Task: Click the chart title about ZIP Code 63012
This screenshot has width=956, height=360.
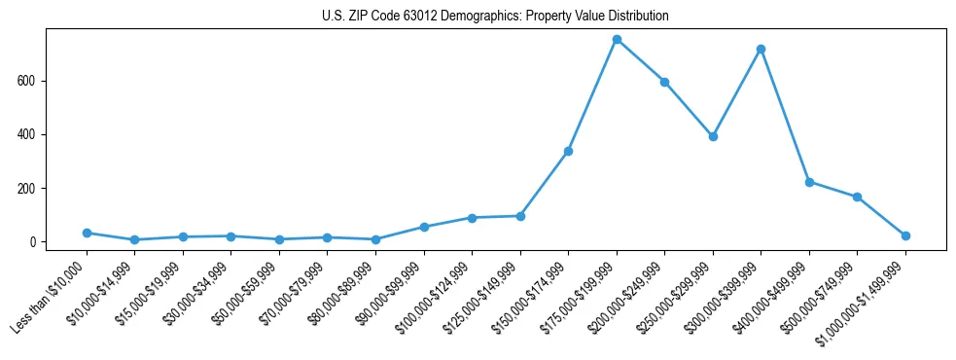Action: (x=495, y=17)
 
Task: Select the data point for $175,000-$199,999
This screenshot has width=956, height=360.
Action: (x=617, y=39)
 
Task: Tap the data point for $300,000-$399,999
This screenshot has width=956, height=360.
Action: (x=761, y=49)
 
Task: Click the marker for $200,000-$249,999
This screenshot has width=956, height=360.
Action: (x=664, y=82)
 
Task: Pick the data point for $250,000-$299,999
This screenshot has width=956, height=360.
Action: (x=713, y=136)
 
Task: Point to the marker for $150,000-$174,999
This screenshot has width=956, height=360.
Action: (x=568, y=151)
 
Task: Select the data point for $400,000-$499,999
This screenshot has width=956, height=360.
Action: (x=809, y=182)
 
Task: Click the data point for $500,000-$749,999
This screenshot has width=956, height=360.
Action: (x=857, y=197)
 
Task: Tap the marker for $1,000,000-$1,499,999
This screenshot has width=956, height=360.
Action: (x=905, y=235)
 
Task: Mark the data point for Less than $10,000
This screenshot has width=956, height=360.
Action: (x=87, y=233)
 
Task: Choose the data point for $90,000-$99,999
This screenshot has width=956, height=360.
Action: (x=424, y=227)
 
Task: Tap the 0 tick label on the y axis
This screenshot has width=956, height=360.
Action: (x=33, y=242)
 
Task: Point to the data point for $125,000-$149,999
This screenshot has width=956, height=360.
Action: (x=520, y=216)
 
